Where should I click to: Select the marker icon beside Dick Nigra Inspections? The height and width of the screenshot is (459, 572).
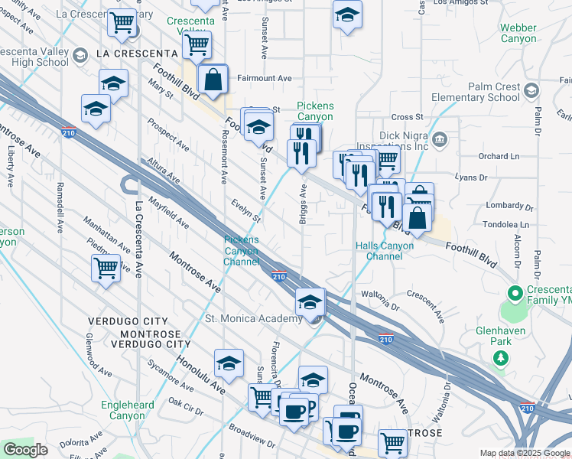click(x=440, y=139)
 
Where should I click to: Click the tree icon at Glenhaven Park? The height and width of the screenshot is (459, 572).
click(x=502, y=358)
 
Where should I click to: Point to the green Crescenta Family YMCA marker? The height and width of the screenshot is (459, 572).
click(x=515, y=292)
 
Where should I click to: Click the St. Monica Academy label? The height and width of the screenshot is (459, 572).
click(x=253, y=318)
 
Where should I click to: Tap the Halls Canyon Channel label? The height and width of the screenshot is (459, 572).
click(x=384, y=251)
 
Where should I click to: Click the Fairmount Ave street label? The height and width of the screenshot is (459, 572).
click(x=265, y=78)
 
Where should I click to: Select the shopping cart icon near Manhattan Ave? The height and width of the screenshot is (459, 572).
click(x=106, y=269)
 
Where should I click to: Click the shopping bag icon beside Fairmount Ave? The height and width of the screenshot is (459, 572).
click(x=213, y=78)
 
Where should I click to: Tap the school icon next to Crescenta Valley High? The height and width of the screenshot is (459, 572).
click(x=80, y=55)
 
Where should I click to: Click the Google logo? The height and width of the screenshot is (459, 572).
click(x=25, y=450)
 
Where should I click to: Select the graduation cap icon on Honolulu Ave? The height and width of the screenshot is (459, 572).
click(x=228, y=366)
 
